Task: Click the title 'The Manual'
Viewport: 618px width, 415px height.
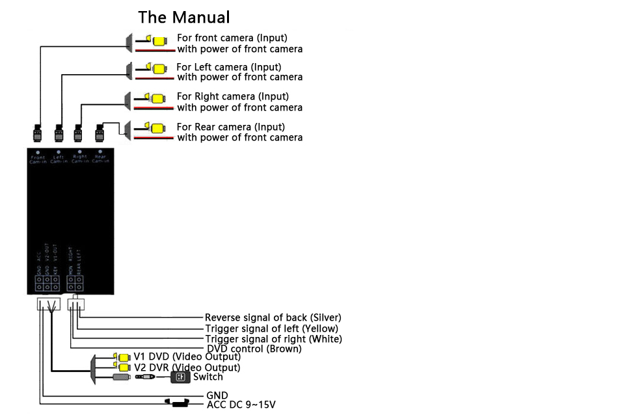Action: [x=184, y=18]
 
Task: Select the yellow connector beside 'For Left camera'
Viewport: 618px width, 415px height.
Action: [x=158, y=68]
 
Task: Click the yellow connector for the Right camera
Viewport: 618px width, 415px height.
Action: [x=158, y=99]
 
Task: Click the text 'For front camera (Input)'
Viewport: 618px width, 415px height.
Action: [x=232, y=38]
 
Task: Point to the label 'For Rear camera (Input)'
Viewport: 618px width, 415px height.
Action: [x=230, y=127]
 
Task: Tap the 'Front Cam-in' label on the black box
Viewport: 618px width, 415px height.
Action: [x=38, y=159]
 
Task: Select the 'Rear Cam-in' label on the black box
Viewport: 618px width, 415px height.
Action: [x=100, y=159]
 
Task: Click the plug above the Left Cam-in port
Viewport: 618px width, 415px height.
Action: [x=59, y=133]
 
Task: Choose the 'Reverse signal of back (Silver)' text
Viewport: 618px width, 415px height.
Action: [x=273, y=317]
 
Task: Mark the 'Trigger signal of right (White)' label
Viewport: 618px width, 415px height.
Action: [x=273, y=339]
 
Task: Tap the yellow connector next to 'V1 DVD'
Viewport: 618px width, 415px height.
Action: [x=122, y=357]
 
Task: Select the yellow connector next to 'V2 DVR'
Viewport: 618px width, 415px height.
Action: [x=122, y=368]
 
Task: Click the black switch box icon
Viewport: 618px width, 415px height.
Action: [x=180, y=377]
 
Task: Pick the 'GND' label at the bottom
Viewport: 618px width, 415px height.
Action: [x=217, y=395]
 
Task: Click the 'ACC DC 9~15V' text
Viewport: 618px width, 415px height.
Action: [x=241, y=405]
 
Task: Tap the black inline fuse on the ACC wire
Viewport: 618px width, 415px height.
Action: [x=178, y=405]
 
